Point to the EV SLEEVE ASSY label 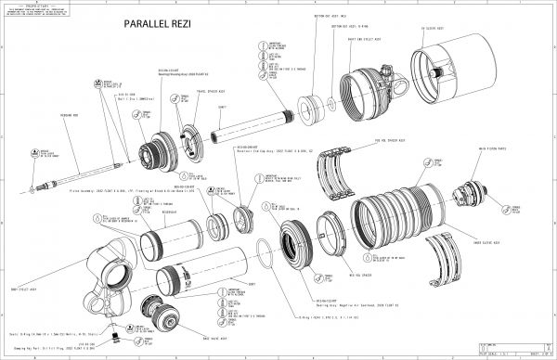[x=434, y=29]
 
